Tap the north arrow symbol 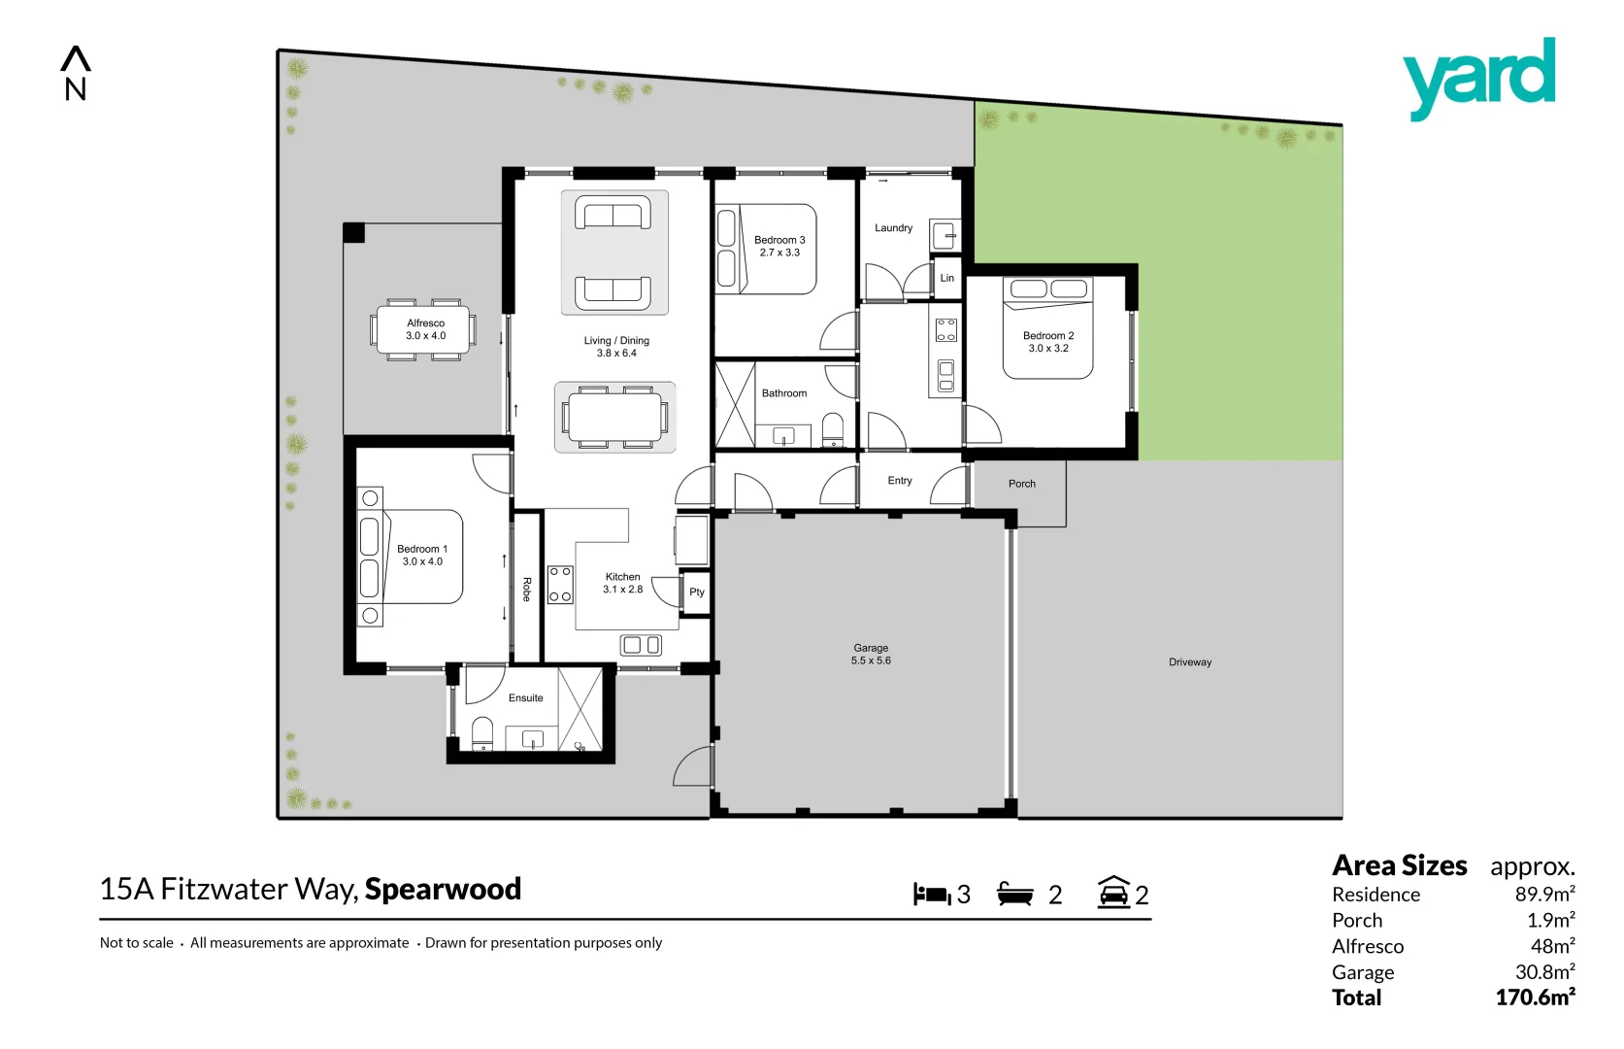(76, 74)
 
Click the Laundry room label (893, 228)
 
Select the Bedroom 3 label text (779, 240)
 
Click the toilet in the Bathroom (833, 429)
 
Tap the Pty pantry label (697, 592)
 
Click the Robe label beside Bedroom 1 (527, 590)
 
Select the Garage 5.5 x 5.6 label (871, 655)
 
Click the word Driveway (1190, 662)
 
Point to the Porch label (1021, 484)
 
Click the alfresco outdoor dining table (424, 330)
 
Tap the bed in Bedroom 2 (1048, 330)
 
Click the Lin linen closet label (947, 278)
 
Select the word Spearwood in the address (443, 890)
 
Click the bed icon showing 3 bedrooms (931, 895)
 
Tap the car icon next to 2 (1113, 893)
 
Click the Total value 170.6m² (1535, 998)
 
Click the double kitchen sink (641, 645)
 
